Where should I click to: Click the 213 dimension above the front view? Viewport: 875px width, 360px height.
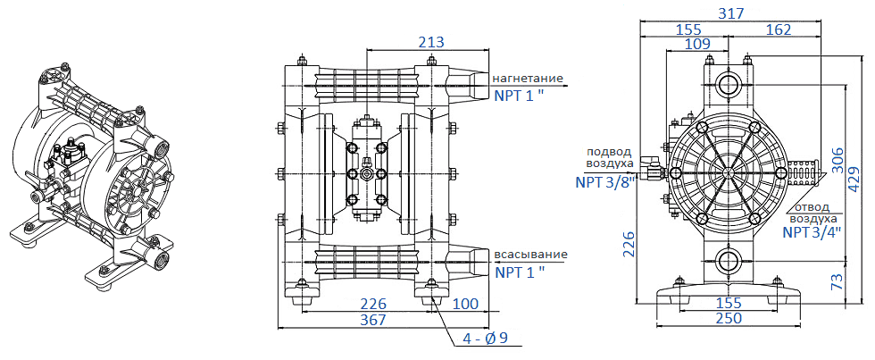pyautogui.click(x=430, y=42)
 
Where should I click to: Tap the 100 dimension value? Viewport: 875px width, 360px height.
pyautogui.click(x=464, y=304)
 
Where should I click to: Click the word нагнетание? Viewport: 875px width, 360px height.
pyautogui.click(x=529, y=78)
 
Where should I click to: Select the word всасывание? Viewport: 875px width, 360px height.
pyautogui.click(x=530, y=255)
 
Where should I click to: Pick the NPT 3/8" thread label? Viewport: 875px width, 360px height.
pyautogui.click(x=604, y=182)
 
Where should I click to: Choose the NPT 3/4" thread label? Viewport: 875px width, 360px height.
pyautogui.click(x=812, y=232)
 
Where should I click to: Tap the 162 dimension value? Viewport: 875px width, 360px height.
pyautogui.click(x=778, y=29)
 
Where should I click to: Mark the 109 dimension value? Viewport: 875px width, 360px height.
pyautogui.click(x=697, y=44)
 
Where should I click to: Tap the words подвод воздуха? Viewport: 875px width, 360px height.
pyautogui.click(x=611, y=157)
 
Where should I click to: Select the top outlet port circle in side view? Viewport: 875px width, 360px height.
pyautogui.click(x=729, y=86)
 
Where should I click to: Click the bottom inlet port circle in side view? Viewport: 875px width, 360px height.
pyautogui.click(x=729, y=263)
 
